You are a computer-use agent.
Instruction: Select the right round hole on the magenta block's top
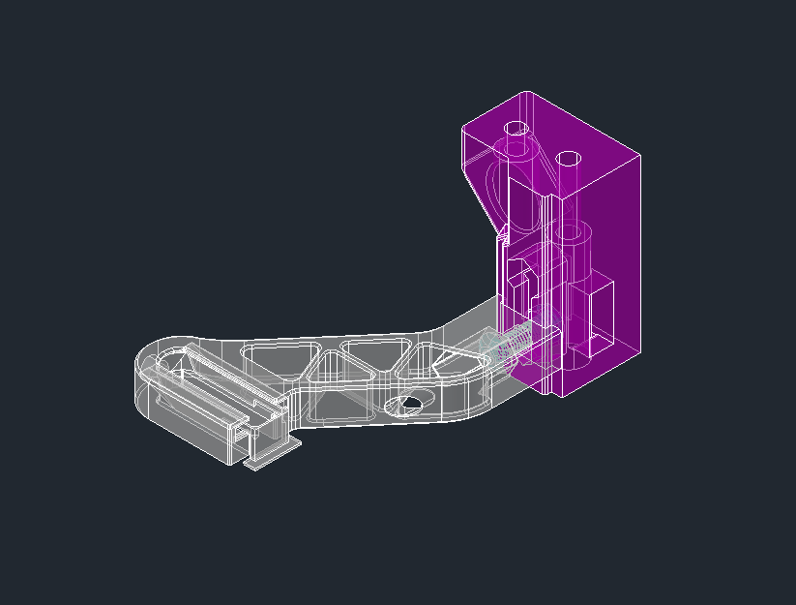click(x=569, y=158)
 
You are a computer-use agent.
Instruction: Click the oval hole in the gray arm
click(x=406, y=405)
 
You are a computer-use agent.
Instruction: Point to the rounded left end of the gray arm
click(x=145, y=382)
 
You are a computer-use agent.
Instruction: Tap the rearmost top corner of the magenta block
click(x=525, y=93)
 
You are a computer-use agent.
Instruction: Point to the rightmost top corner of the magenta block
click(x=640, y=155)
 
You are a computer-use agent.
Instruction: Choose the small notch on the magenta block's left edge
click(x=502, y=233)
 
